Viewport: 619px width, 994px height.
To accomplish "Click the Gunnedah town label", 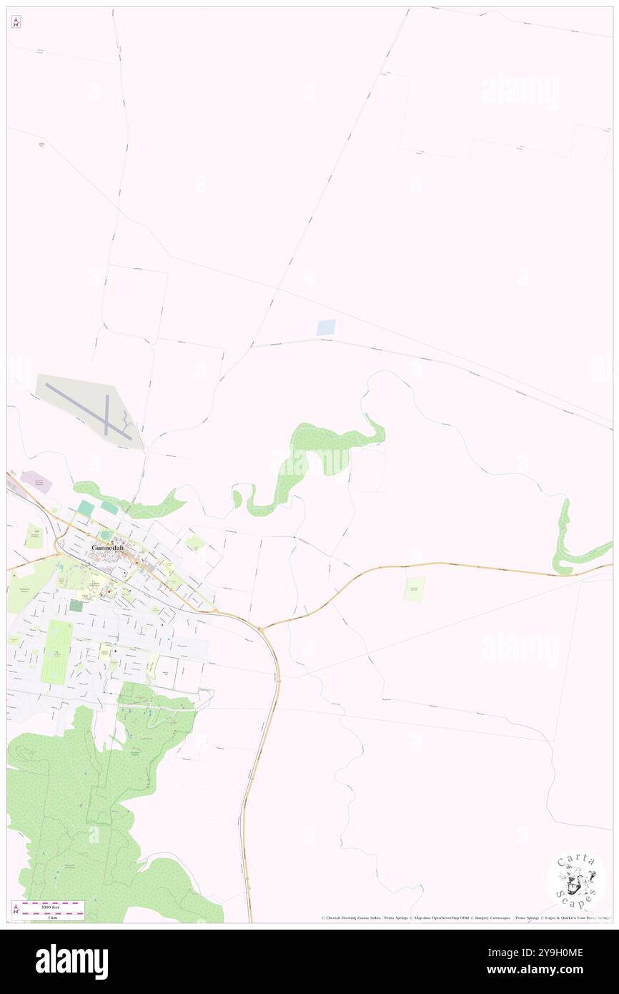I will (x=107, y=548).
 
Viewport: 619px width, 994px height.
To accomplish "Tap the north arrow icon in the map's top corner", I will (x=16, y=22).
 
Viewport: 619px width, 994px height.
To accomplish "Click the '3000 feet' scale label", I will (x=50, y=905).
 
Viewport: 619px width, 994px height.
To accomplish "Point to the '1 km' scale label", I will (x=50, y=916).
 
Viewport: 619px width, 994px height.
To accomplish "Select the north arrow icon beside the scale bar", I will (x=16, y=910).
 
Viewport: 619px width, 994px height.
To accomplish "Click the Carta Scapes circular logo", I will (x=576, y=880).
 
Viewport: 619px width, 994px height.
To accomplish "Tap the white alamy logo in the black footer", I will (x=71, y=962).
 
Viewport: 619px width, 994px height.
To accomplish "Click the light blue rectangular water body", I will (x=326, y=328).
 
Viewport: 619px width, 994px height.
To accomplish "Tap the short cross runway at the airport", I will (x=107, y=415).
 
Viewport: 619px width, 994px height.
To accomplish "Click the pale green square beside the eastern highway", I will (x=414, y=589).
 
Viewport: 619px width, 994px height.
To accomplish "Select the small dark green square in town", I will (x=76, y=606).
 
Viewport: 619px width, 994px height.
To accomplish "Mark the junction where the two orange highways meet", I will (x=261, y=629).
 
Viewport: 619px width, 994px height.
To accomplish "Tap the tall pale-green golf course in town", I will (x=56, y=651).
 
